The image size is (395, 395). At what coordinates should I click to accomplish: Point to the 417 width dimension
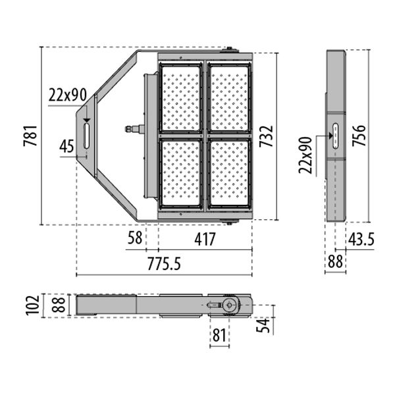pos(205,239)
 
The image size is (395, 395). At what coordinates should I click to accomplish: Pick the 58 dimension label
pos(135,239)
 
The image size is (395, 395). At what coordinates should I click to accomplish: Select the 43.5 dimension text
pos(361,240)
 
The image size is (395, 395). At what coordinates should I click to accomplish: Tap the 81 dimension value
pos(219,335)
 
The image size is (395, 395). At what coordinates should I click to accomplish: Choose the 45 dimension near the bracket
pos(66,147)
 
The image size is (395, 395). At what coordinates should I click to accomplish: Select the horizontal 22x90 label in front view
pos(67,95)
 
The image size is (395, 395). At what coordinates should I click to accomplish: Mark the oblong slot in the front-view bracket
pos(86,135)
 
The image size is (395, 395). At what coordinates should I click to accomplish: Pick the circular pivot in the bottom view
pos(230,305)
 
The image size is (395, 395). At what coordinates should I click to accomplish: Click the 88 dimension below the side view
pos(335,262)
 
